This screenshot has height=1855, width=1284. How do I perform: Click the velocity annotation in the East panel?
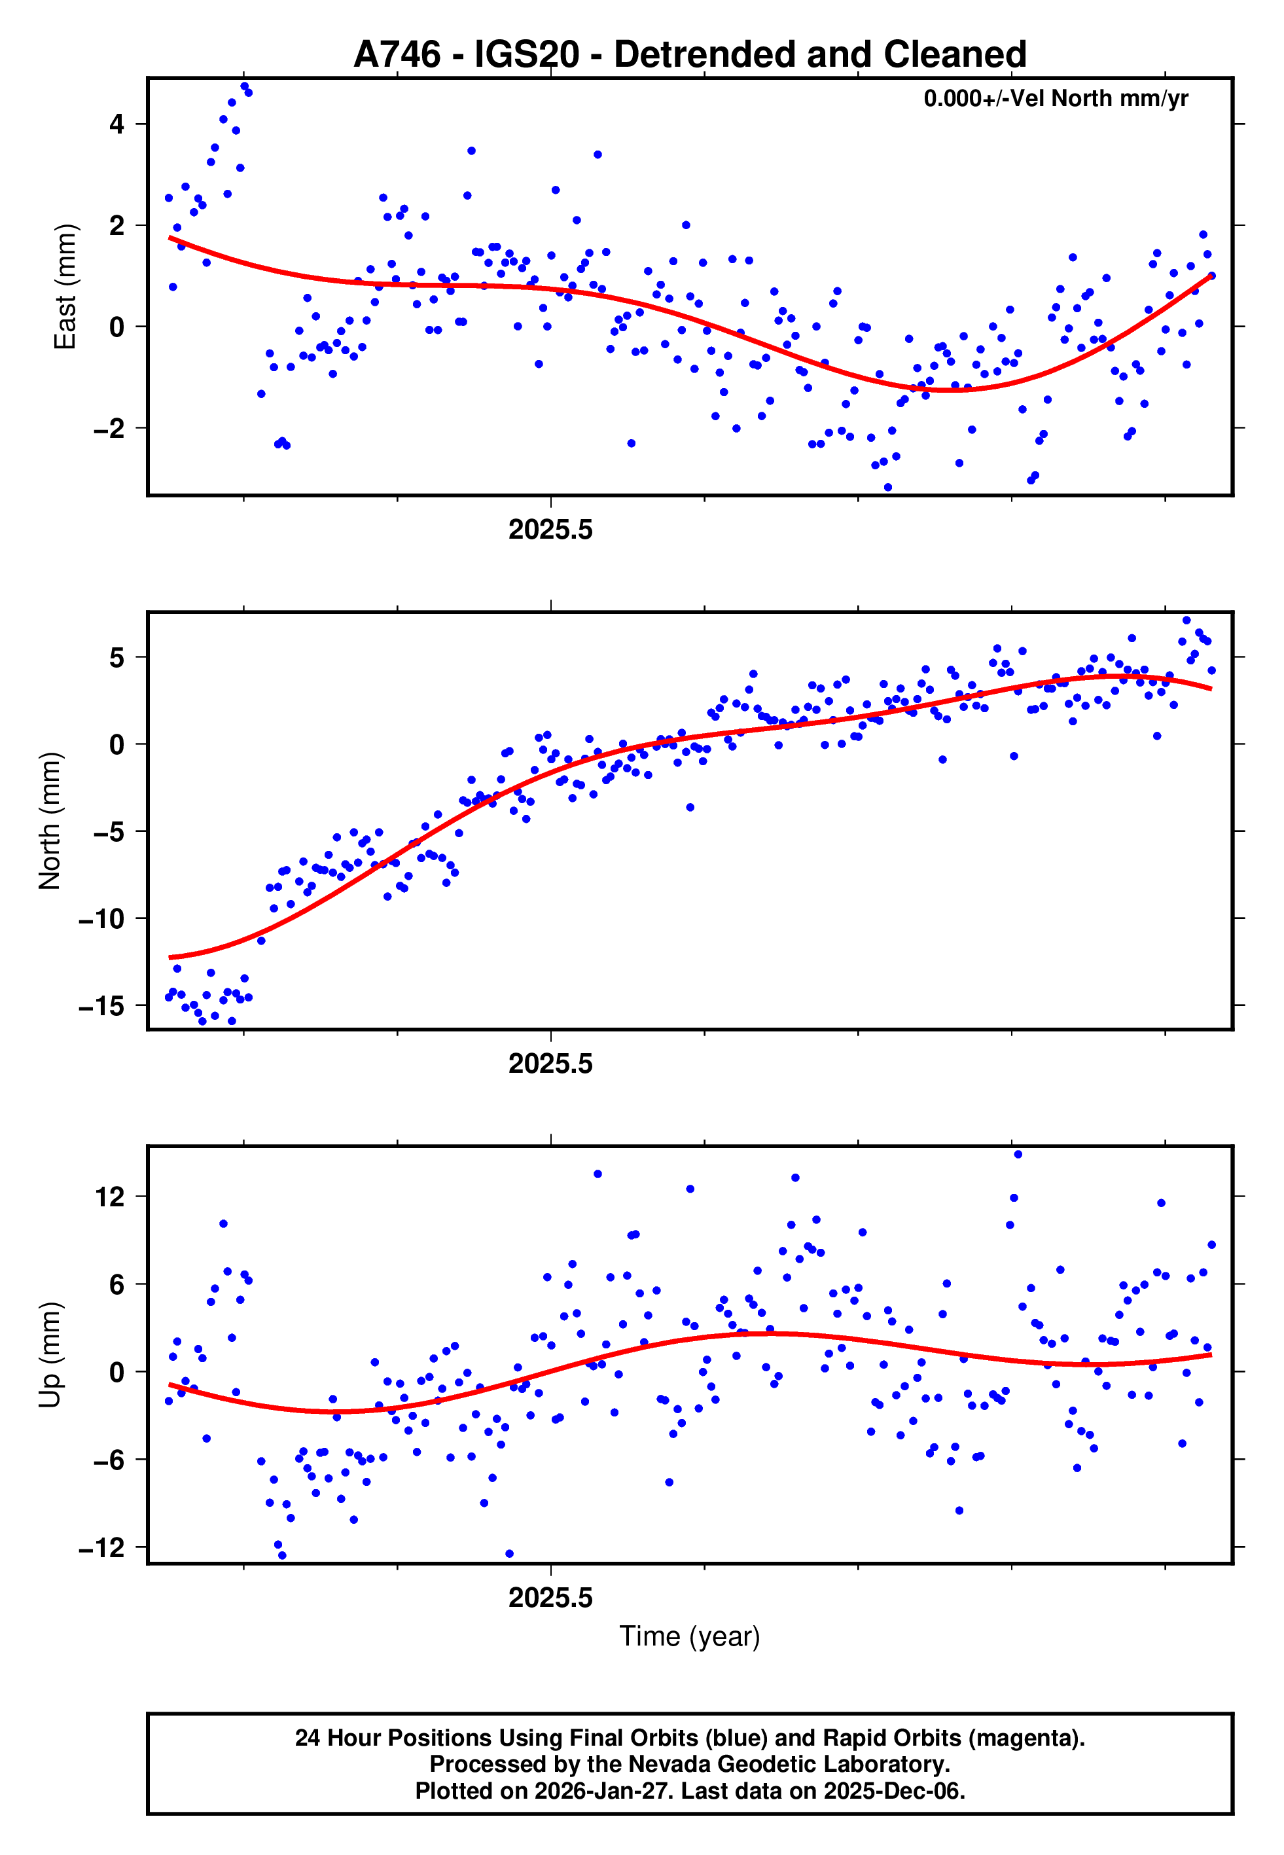[1055, 99]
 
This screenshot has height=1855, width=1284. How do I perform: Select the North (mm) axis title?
[50, 821]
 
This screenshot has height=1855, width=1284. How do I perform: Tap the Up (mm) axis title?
[50, 1355]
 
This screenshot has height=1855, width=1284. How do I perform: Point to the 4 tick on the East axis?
[117, 124]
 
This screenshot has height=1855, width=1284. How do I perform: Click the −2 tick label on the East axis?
[109, 428]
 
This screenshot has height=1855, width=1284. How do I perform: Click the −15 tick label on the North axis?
[101, 1005]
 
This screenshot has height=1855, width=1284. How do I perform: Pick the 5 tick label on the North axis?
[117, 657]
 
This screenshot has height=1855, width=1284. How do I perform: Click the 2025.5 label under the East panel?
[550, 530]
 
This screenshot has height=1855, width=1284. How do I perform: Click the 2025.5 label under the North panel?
[550, 1064]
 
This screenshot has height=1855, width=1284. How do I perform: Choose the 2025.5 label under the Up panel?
[550, 1598]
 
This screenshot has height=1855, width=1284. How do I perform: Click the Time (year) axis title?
[690, 1637]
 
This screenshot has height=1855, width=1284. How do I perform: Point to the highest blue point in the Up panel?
[1018, 1155]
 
